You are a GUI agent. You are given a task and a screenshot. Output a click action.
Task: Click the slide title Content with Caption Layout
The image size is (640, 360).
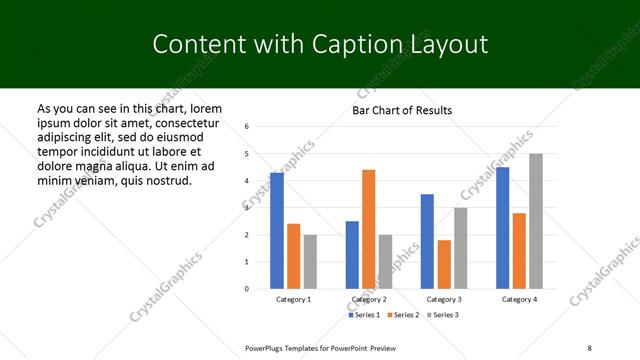[x=320, y=44]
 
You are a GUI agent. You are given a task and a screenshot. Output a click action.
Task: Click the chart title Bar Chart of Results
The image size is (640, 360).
[x=402, y=110]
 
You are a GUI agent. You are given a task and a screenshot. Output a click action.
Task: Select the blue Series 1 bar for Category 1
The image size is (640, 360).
[x=277, y=230]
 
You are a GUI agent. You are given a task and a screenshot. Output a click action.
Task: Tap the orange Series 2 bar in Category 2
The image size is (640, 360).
[x=368, y=229]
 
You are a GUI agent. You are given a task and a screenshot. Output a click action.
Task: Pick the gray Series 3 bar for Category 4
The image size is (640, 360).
[x=536, y=221]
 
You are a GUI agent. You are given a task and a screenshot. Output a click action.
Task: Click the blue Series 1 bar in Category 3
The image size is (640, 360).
[x=427, y=241]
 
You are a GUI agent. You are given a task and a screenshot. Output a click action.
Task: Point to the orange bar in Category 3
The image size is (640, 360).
[x=444, y=264]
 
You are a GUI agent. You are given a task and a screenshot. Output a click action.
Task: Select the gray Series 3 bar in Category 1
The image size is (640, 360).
[x=310, y=261]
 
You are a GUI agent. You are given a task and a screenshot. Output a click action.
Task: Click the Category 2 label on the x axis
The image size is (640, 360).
[x=368, y=300]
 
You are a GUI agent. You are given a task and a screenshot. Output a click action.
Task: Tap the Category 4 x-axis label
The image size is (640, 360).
[x=519, y=300]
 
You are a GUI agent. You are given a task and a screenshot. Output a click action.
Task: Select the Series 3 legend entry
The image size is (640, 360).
[x=446, y=315]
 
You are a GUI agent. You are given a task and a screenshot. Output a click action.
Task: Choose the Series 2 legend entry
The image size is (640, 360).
[x=406, y=315]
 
